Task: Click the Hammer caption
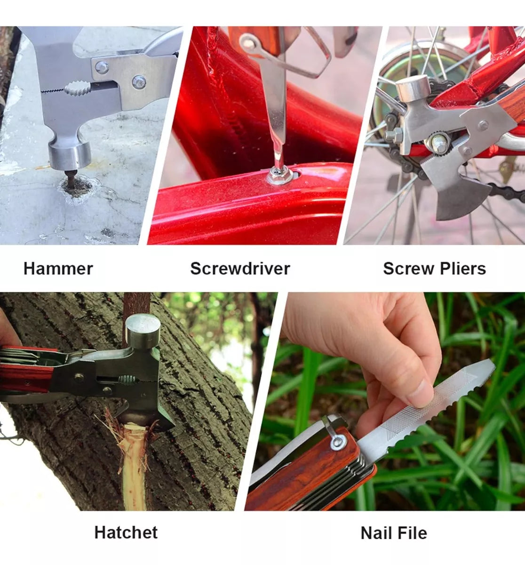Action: [x=58, y=268]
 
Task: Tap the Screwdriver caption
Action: [x=240, y=268]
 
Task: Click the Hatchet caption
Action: [x=126, y=533]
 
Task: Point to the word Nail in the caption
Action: [x=375, y=533]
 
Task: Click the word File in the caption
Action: [x=412, y=533]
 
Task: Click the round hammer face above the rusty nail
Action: [x=70, y=155]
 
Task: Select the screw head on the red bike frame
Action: [x=278, y=175]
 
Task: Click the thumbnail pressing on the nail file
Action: [x=422, y=394]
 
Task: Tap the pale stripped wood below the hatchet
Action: [x=134, y=467]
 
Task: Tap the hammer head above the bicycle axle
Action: [x=413, y=89]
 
